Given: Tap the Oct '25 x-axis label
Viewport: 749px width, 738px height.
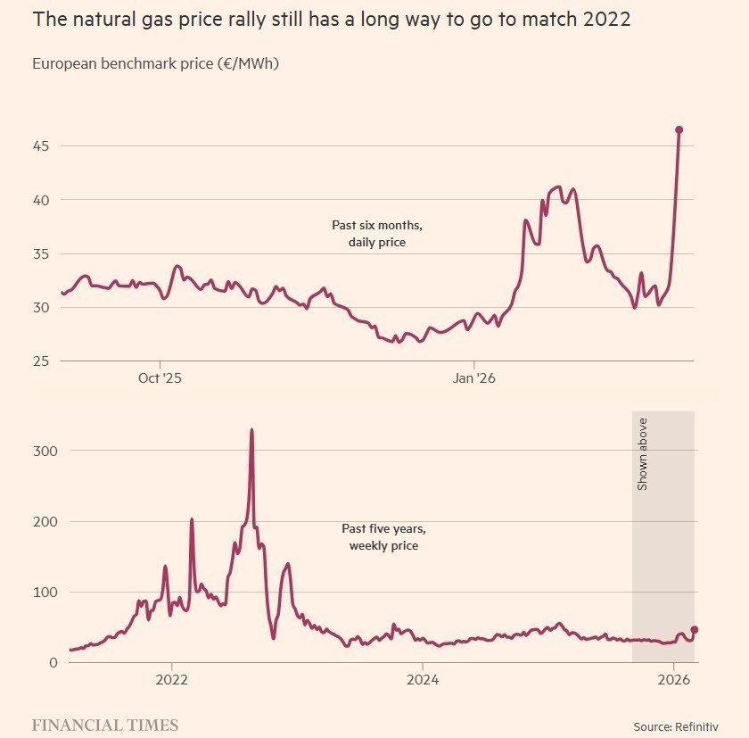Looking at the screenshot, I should point(160,378).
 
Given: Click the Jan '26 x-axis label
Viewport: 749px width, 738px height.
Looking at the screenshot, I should point(474,378).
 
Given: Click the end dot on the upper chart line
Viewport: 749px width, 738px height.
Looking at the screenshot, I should point(679,130).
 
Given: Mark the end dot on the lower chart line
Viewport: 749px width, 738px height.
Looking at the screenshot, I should point(695,630).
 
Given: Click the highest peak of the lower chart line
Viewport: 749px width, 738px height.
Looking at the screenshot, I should point(251,430).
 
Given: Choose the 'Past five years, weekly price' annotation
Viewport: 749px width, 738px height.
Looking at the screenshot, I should point(383,537).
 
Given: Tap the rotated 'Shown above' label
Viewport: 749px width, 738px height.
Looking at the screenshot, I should point(642,453).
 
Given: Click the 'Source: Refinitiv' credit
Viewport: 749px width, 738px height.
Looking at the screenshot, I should point(676,726).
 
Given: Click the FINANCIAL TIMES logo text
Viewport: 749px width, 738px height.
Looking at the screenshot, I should point(105,725).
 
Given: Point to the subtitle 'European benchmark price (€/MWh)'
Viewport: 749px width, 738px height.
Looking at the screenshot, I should point(156,63).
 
